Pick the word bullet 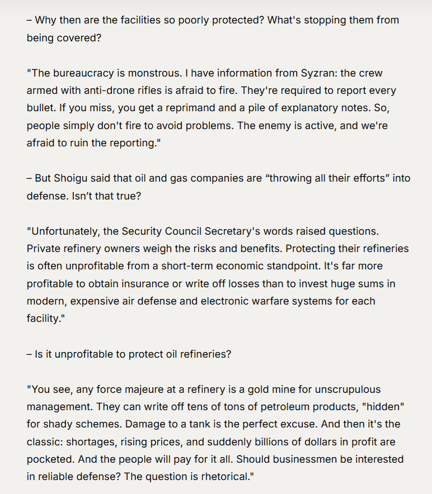point(43,108)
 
